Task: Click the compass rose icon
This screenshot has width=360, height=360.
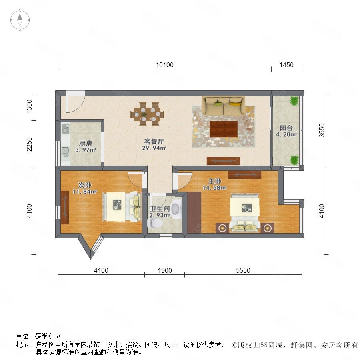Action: click(x=20, y=20)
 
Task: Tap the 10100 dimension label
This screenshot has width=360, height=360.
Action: click(x=165, y=65)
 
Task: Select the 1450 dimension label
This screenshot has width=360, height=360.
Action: click(x=286, y=65)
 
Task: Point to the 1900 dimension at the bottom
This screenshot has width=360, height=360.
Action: click(x=165, y=270)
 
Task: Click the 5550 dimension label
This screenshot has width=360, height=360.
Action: click(x=243, y=270)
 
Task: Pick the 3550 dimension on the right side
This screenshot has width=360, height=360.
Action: click(x=322, y=130)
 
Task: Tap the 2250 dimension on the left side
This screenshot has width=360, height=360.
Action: click(x=29, y=144)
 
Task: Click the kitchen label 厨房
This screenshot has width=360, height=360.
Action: click(x=86, y=144)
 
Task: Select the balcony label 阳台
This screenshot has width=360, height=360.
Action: click(x=286, y=128)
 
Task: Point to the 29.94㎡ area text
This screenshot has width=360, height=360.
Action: click(x=154, y=148)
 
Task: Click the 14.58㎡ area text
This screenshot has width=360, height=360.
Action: click(x=214, y=188)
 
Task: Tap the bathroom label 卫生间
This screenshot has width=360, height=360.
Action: click(x=160, y=209)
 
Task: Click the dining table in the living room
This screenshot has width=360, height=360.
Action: click(x=147, y=114)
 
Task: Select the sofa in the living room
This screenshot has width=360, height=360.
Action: click(x=223, y=105)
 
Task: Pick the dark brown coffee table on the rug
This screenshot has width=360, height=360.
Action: click(x=223, y=129)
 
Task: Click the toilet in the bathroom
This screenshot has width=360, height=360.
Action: click(x=155, y=223)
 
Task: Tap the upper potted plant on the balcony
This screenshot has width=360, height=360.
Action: click(x=294, y=101)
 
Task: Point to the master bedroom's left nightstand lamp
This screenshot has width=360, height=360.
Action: click(x=222, y=228)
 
